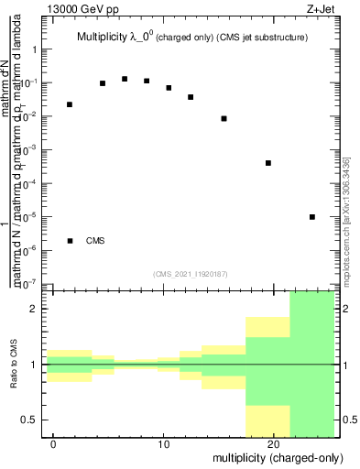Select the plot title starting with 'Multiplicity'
point(190,38)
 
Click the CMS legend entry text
point(95,241)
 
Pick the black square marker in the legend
point(71,241)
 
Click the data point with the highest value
point(125,79)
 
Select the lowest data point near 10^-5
point(312,217)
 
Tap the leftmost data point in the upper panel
point(70,104)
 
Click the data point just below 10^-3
point(268,163)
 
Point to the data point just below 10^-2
point(224,118)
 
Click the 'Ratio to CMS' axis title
point(15,365)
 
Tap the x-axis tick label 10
point(163,443)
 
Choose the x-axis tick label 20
point(272,443)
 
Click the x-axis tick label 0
point(54,443)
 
